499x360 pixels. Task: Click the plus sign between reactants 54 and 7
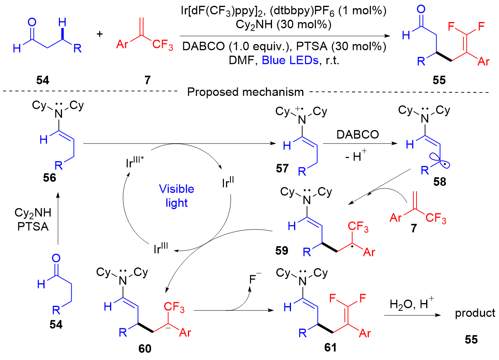pos(100,34)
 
